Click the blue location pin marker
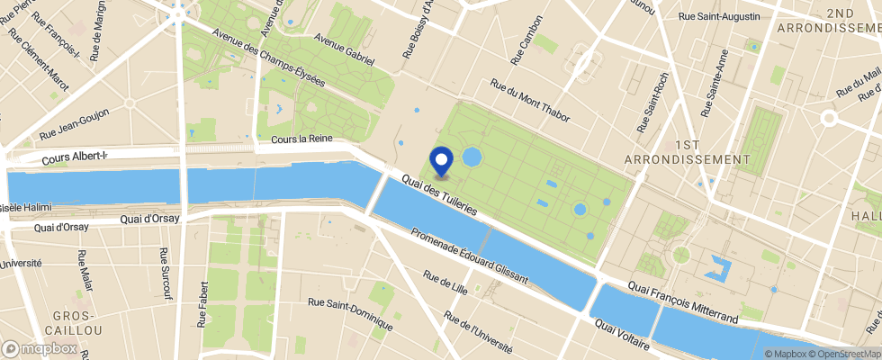click(442, 160)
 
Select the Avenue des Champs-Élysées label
click(268, 67)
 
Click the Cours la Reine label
click(301, 140)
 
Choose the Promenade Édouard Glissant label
click(469, 257)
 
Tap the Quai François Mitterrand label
click(683, 302)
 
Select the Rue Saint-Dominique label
click(349, 312)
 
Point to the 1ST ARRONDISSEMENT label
click(712, 151)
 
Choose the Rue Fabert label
click(202, 302)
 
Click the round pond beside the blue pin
click(472, 157)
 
